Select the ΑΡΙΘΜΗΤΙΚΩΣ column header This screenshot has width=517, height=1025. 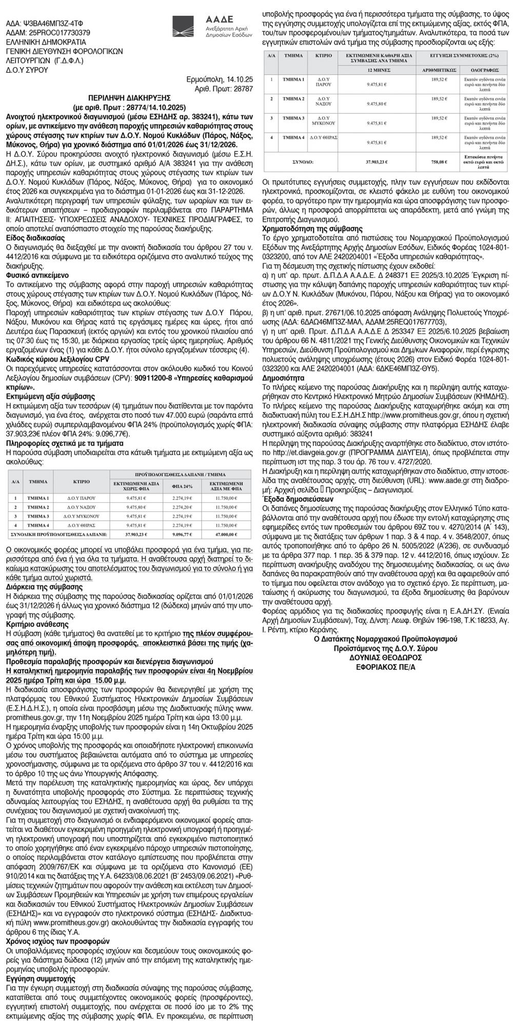pyautogui.click(x=439, y=68)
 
